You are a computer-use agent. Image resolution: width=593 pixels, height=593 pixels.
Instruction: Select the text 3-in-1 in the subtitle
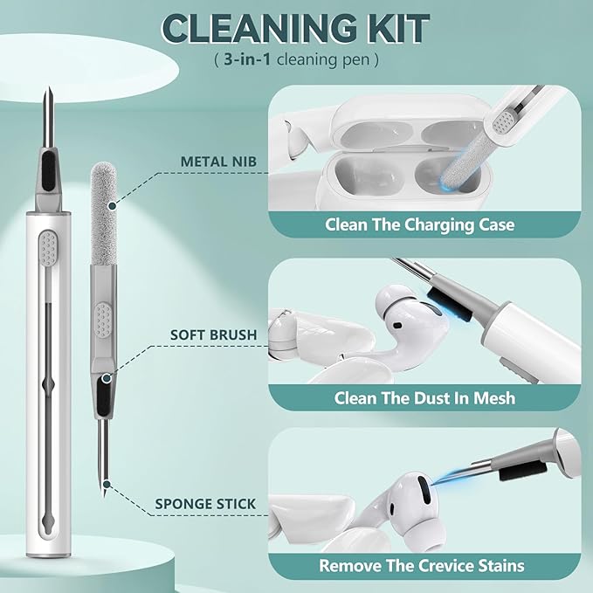tap(247, 59)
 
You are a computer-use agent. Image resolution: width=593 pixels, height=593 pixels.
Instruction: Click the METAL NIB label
tap(218, 162)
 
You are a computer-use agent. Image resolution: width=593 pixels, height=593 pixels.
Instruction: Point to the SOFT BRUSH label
tap(213, 334)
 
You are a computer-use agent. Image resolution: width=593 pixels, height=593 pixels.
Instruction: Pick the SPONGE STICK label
tap(205, 504)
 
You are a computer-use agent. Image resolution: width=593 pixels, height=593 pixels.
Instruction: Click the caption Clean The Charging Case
tap(420, 224)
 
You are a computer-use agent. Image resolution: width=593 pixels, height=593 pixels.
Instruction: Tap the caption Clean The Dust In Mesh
tap(424, 398)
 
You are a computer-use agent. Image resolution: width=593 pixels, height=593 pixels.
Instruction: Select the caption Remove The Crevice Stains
tap(422, 566)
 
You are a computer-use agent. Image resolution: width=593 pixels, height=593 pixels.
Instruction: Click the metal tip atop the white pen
tap(48, 117)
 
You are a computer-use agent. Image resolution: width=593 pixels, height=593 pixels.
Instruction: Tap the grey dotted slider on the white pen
tap(49, 248)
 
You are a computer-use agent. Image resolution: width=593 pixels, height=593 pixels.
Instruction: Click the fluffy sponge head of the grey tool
tap(104, 214)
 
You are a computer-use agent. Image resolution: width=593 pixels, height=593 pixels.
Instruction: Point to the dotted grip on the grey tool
tap(103, 320)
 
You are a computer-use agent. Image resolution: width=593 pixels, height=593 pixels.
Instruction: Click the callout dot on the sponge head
tap(112, 206)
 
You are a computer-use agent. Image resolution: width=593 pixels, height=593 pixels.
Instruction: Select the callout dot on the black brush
tap(107, 378)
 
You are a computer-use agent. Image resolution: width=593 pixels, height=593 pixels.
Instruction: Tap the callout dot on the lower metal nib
tap(107, 484)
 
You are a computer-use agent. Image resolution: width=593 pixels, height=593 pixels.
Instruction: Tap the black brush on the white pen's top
tap(48, 171)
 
